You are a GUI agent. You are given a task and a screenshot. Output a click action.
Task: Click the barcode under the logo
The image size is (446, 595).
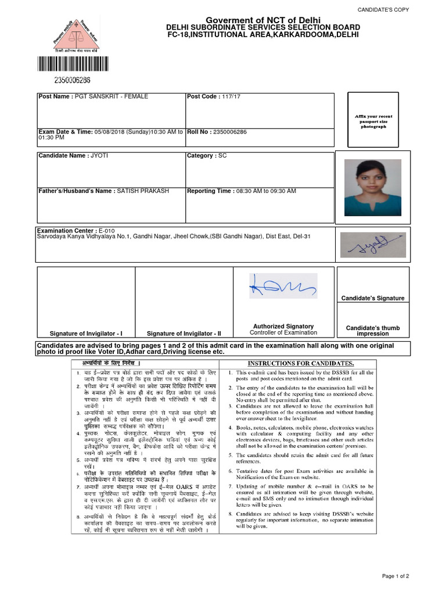tap(64, 64)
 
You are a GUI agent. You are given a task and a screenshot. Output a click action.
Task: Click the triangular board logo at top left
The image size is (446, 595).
tap(64, 34)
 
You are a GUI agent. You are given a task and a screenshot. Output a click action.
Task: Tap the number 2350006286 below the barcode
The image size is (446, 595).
tap(64, 80)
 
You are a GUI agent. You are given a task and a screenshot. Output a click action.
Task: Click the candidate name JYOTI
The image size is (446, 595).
tap(99, 156)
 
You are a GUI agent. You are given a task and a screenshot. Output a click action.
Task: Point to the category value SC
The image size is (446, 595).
tap(222, 156)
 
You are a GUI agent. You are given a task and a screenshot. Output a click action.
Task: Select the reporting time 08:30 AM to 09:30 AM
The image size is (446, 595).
tap(265, 191)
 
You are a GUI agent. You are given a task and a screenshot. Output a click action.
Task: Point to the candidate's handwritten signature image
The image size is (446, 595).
tap(373, 245)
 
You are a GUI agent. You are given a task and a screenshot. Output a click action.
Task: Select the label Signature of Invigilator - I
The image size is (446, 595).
tap(86, 334)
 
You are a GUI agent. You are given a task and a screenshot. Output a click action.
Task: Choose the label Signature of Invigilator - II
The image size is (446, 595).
tap(184, 334)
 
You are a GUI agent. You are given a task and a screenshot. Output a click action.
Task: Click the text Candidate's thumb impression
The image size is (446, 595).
tap(373, 331)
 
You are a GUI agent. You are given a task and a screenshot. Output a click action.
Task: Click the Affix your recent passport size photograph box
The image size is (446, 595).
tap(373, 121)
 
